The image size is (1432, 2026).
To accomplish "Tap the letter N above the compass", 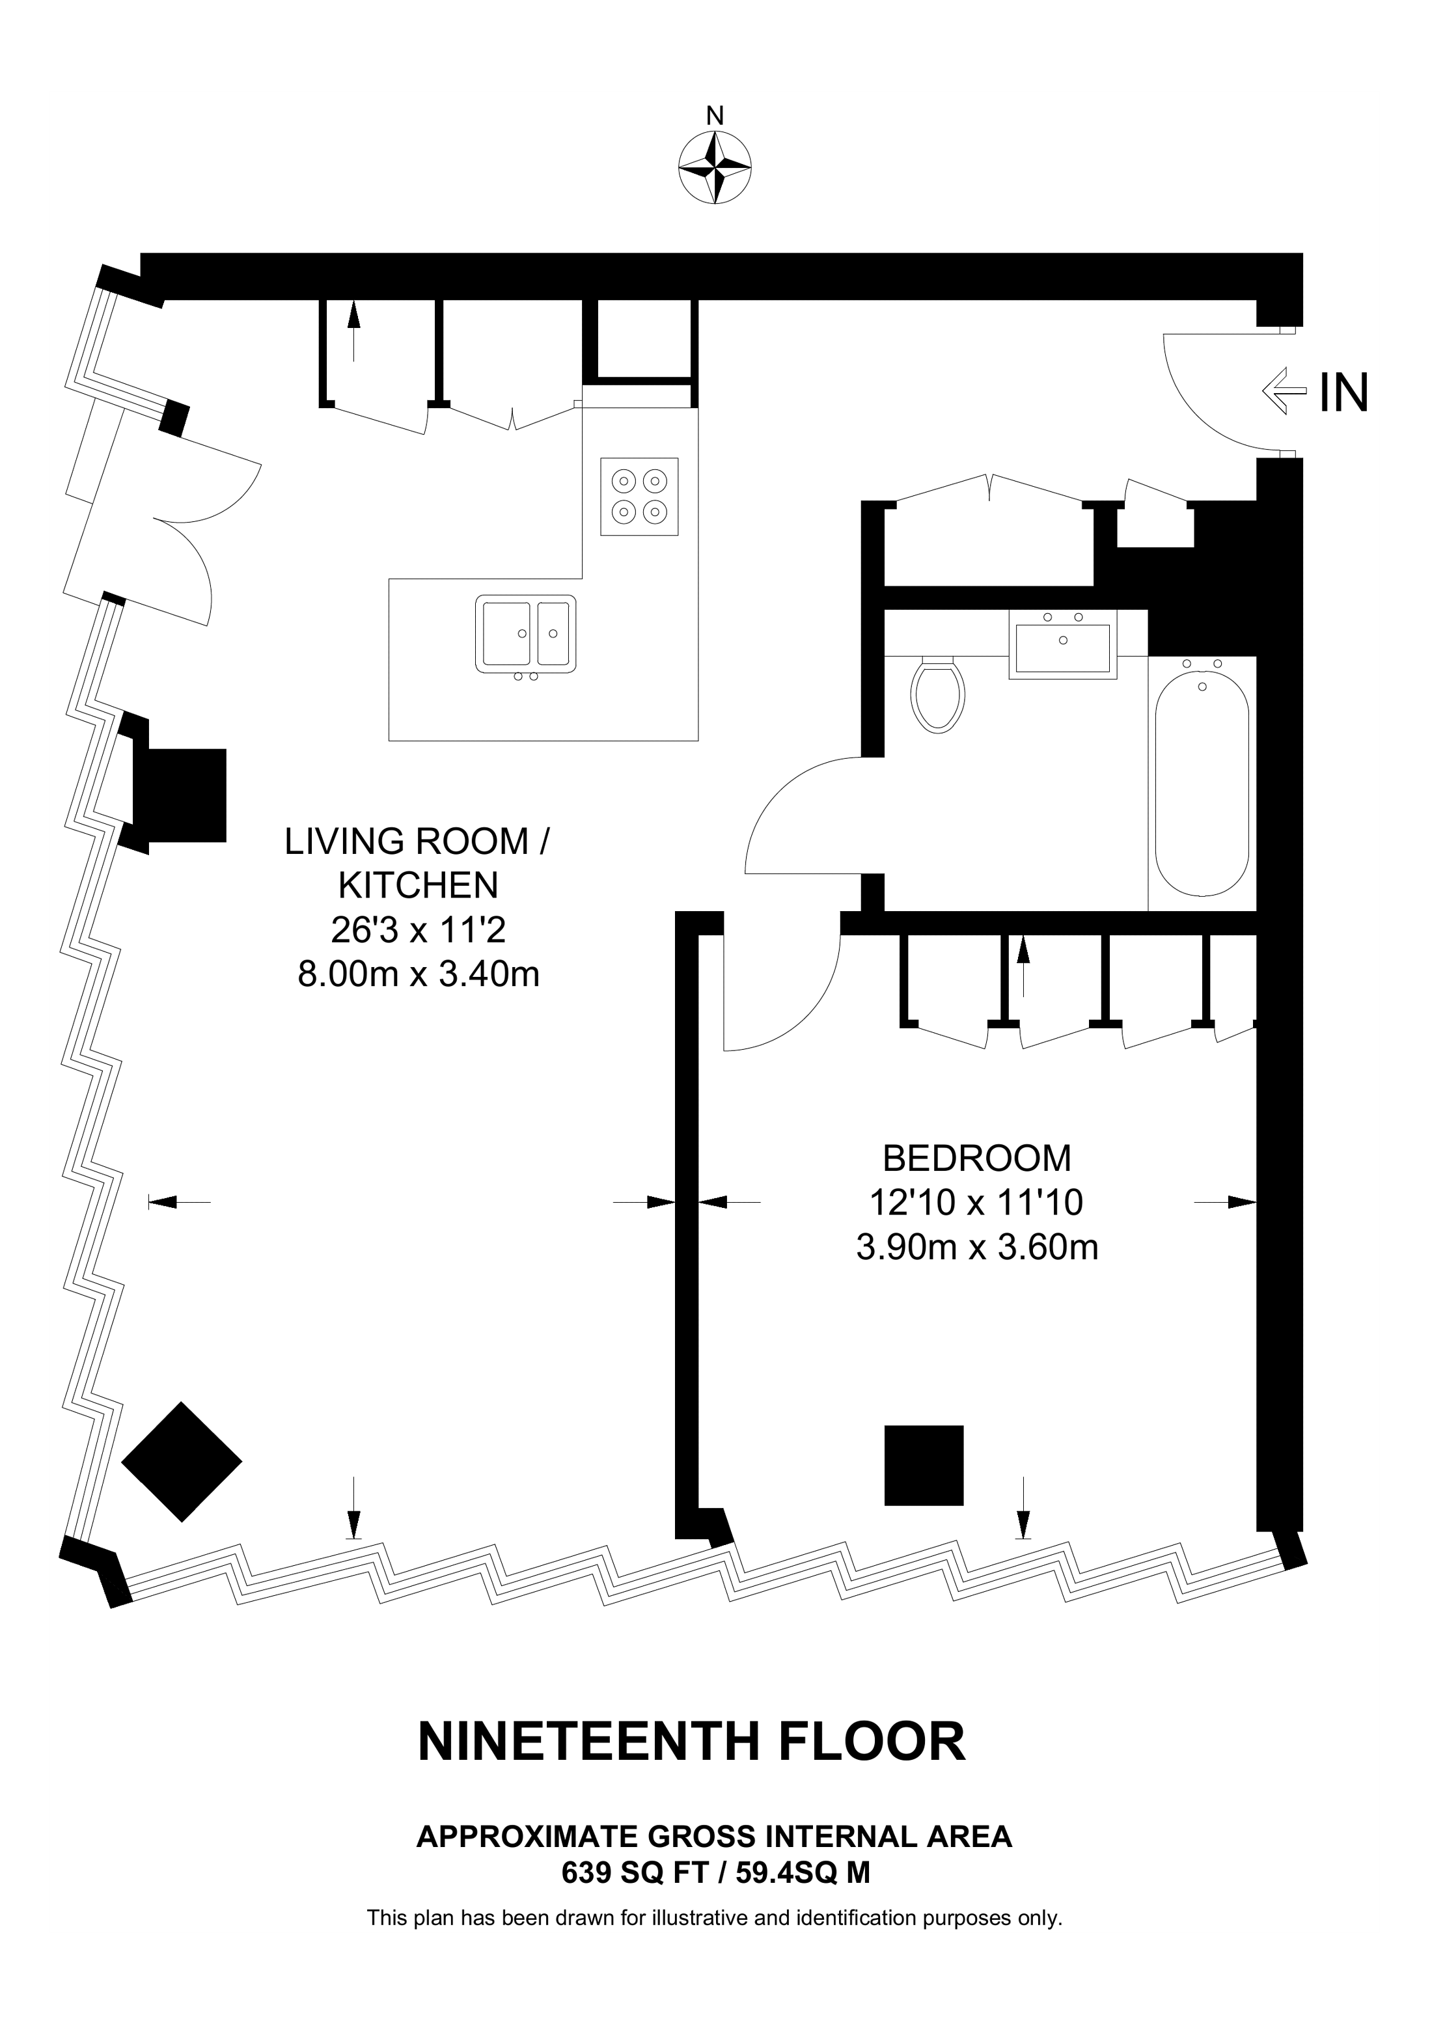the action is click(715, 116).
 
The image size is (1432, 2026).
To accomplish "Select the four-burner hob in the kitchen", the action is click(640, 496).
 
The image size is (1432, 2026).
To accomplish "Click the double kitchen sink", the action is click(526, 635).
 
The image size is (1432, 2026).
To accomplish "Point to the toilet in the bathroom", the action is click(938, 694).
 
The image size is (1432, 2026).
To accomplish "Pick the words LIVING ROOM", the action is click(406, 841).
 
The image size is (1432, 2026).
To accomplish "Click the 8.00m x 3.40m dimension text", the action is click(419, 974).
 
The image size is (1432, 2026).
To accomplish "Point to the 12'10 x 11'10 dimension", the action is click(977, 1202).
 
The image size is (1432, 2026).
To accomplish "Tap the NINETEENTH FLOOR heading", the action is click(692, 1742).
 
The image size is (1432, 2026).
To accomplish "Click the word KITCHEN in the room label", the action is click(419, 885).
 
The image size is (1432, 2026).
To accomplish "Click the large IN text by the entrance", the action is click(1343, 392).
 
